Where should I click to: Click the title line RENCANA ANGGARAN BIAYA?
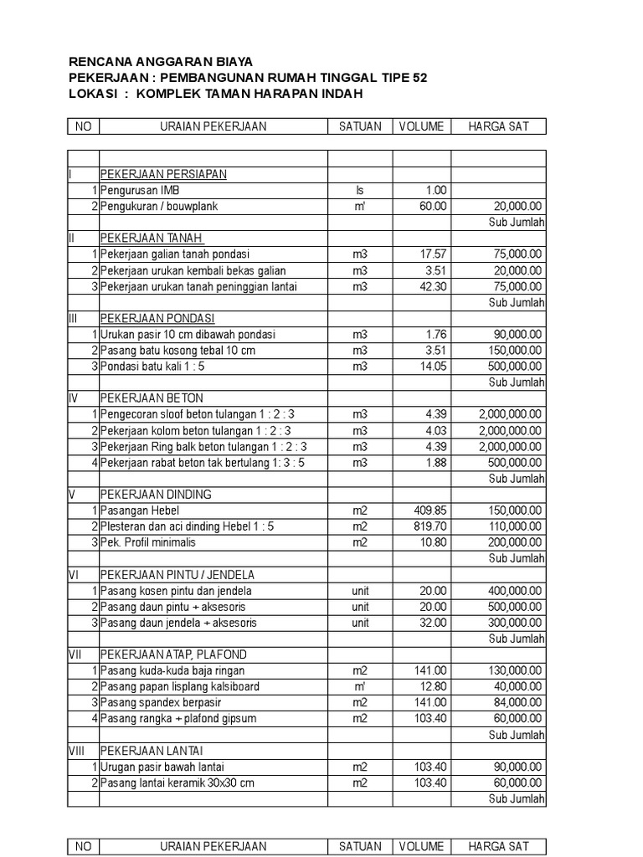160,62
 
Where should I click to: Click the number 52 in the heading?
419,78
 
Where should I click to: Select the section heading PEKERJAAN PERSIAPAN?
163,174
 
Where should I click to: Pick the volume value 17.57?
433,254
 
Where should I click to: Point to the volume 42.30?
433,286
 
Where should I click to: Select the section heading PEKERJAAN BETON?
152,398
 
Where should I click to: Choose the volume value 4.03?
435,430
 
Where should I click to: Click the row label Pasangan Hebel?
140,511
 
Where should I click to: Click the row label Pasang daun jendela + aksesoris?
178,623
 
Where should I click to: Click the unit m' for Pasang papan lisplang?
360,686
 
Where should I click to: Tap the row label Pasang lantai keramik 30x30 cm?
177,783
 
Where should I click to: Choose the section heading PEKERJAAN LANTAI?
152,751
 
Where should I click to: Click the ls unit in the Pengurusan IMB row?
360,190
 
